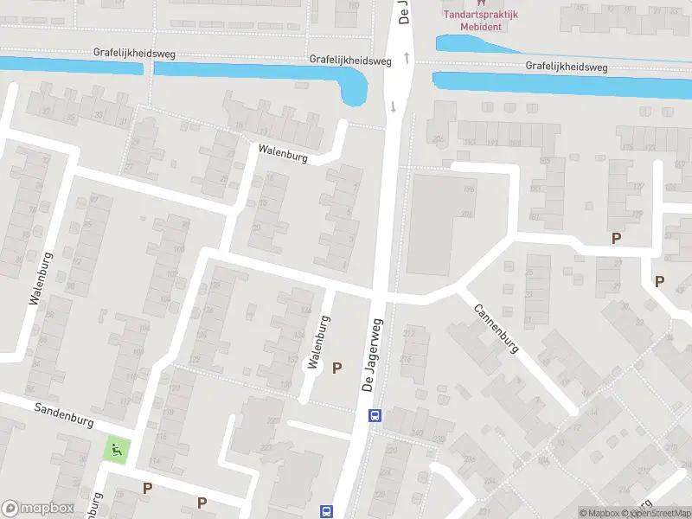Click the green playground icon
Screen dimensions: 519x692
coord(115,449)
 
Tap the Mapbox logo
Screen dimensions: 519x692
coord(37,509)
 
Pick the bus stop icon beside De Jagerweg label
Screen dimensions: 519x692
coord(375,415)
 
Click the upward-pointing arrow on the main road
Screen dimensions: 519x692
coord(405,56)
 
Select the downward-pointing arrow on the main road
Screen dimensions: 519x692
coord(394,106)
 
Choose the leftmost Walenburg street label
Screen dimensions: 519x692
coord(41,279)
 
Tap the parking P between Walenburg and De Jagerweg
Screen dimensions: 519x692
coord(337,368)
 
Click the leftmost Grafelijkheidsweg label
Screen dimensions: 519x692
coord(134,54)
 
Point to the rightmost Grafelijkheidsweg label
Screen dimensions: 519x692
coord(567,67)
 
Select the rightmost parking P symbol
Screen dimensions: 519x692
coord(659,281)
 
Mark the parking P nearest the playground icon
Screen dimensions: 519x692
coord(147,489)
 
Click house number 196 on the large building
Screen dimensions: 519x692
coord(468,189)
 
